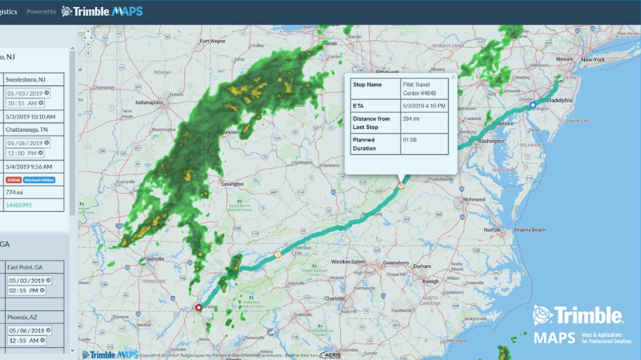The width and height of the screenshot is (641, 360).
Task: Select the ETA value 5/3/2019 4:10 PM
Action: pyautogui.click(x=425, y=106)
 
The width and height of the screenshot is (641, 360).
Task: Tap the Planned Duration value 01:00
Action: pyautogui.click(x=409, y=140)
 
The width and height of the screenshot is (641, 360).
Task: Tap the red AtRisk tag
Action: pyautogui.click(x=13, y=180)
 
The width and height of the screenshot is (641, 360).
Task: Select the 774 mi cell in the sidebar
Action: pyautogui.click(x=15, y=192)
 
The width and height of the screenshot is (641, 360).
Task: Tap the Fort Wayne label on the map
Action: pyautogui.click(x=213, y=41)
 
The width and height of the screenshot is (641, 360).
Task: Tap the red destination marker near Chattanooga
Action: pyautogui.click(x=198, y=307)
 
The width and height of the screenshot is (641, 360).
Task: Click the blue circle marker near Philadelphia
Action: pyautogui.click(x=533, y=105)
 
